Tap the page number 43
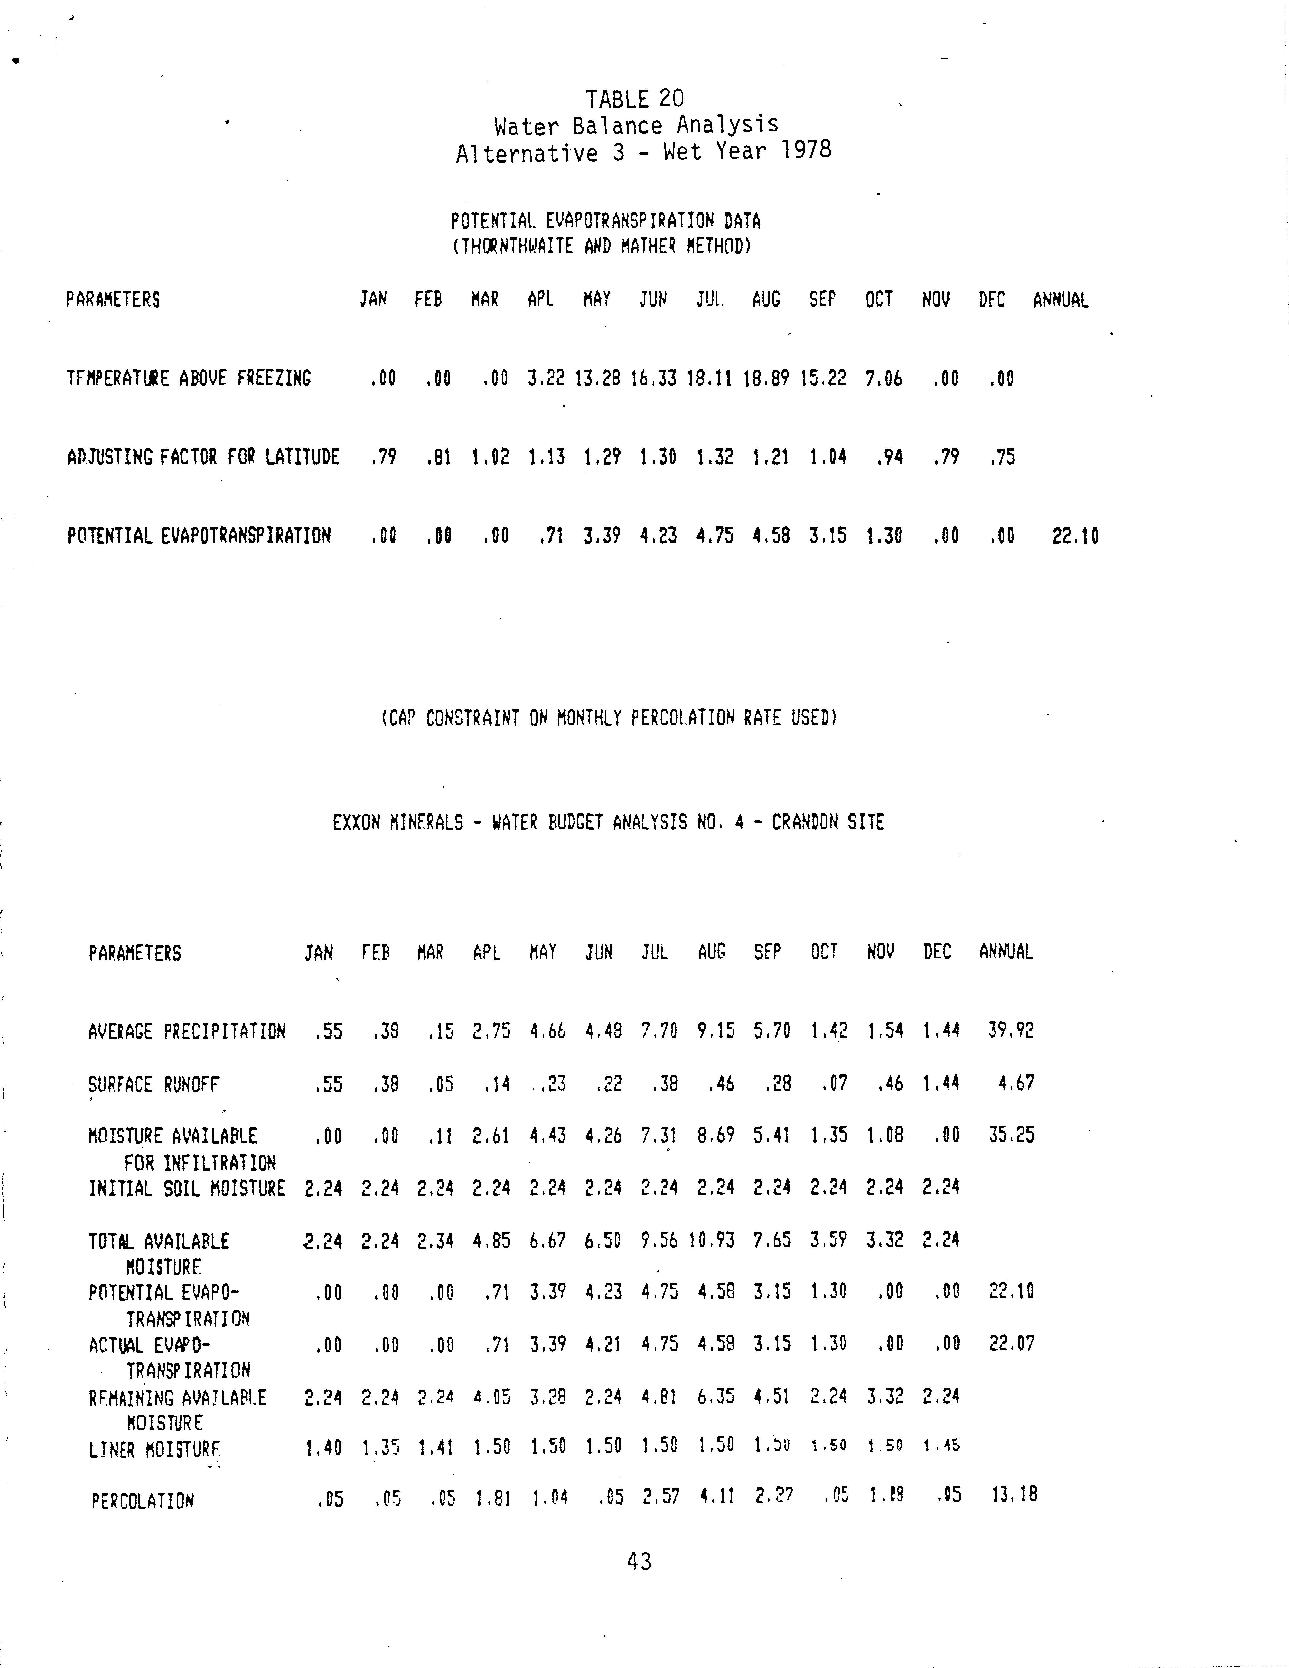pos(639,1562)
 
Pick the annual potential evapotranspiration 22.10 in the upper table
pos(1075,536)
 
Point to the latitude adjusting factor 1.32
pos(714,457)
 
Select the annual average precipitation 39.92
pos(1010,1030)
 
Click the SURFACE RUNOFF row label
pos(154,1084)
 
